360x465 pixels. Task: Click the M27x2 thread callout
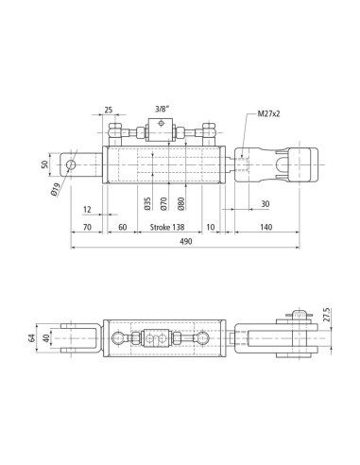point(268,113)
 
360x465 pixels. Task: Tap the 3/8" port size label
point(163,110)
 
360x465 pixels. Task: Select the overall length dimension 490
point(185,242)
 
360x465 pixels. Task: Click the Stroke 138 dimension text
point(167,227)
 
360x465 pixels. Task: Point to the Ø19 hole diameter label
point(56,190)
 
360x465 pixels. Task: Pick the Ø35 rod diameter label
point(147,203)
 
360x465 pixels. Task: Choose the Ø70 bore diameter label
point(163,203)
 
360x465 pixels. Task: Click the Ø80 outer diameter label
point(180,203)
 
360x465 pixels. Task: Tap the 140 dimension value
point(266,227)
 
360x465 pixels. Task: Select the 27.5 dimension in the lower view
point(327,315)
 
